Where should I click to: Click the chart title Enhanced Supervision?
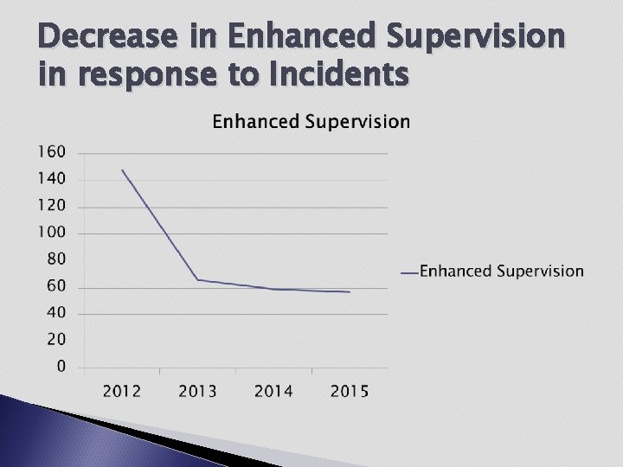(311, 121)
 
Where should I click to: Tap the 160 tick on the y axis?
(52, 152)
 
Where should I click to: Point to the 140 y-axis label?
(52, 179)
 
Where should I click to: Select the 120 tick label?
(52, 206)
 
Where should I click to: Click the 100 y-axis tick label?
(52, 233)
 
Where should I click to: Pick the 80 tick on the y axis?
(56, 259)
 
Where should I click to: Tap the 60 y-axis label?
(56, 286)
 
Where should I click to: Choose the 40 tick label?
(56, 313)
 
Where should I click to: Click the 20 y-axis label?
(56, 340)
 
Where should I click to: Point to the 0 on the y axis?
(61, 367)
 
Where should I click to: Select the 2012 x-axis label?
(122, 392)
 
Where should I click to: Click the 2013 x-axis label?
(197, 392)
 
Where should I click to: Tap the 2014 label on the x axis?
(273, 392)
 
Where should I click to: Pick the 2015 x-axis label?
(350, 392)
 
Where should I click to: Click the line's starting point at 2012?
(122, 170)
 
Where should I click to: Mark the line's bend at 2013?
(197, 279)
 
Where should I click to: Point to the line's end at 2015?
(350, 292)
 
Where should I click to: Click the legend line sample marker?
(409, 272)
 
